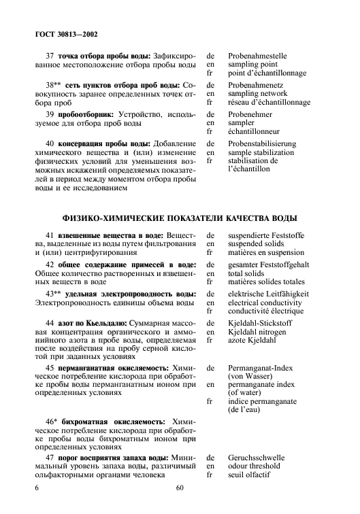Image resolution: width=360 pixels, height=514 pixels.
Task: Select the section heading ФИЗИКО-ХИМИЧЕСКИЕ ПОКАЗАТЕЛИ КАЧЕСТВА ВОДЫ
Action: point(180,218)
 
